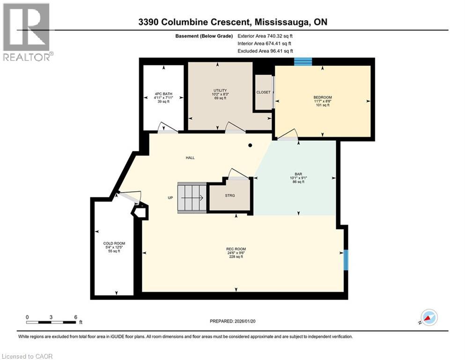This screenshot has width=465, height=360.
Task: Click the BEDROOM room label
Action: (x=322, y=97)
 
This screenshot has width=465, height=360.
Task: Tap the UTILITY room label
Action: (x=220, y=90)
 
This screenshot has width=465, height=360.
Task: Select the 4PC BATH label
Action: (x=163, y=94)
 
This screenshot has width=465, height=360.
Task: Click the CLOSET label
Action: (x=263, y=92)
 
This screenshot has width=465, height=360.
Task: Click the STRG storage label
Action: (x=229, y=195)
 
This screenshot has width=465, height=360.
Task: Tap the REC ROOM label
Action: (x=236, y=249)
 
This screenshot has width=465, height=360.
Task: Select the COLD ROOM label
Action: (x=112, y=243)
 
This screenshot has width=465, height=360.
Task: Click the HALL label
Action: (x=190, y=157)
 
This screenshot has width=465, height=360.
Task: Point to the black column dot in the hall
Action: (x=250, y=145)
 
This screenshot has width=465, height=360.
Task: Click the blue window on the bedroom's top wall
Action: (x=303, y=61)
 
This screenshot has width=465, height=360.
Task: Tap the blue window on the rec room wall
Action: (x=346, y=260)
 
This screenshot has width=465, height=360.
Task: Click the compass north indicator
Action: (x=428, y=317)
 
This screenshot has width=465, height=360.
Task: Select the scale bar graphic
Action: (x=52, y=322)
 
